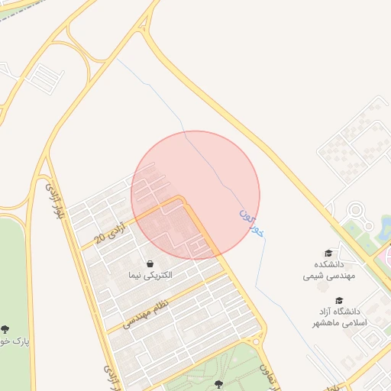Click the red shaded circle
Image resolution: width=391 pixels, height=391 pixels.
click(195, 194)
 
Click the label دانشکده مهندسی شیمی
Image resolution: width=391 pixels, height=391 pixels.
click(328, 270)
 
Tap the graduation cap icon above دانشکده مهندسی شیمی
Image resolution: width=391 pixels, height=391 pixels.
click(328, 253)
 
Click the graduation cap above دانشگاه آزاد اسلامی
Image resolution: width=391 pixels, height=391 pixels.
click(339, 300)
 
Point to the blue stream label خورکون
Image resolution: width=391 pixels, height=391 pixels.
click(251, 222)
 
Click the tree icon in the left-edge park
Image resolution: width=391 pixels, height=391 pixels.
click(5, 329)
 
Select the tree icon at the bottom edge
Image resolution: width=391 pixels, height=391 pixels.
click(220, 383)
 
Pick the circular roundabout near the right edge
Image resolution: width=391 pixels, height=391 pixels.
click(355, 210)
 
